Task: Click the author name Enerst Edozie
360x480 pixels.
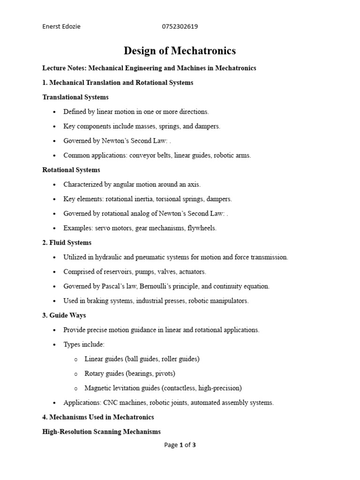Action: coord(61,26)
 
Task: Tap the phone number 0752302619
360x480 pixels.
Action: coord(180,26)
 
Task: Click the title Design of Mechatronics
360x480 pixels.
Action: coord(180,51)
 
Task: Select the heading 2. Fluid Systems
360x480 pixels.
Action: coord(67,243)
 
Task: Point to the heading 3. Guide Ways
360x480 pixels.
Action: coord(64,315)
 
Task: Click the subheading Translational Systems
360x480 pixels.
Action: coord(75,97)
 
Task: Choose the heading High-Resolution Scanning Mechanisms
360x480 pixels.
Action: coord(102,432)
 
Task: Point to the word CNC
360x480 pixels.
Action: coord(107,403)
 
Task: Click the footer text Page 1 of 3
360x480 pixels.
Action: coord(180,445)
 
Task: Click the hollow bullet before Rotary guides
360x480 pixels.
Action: coord(76,374)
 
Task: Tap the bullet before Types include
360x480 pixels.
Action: coord(55,345)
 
